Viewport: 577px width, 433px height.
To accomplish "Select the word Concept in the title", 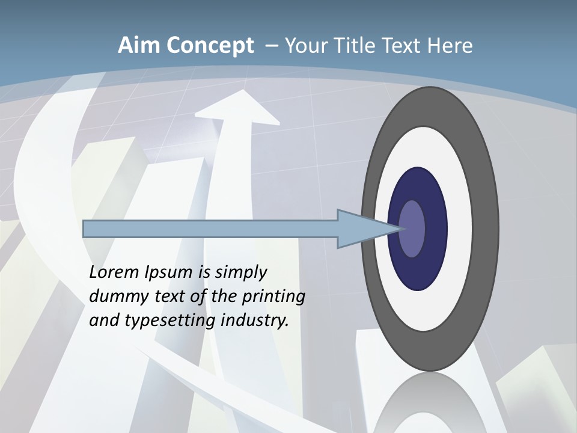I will click(x=210, y=46).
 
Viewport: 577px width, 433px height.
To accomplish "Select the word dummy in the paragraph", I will click(x=116, y=296).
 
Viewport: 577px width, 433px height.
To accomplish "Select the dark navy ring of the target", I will click(x=417, y=186).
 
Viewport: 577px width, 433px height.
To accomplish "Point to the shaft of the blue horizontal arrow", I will click(x=210, y=229).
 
